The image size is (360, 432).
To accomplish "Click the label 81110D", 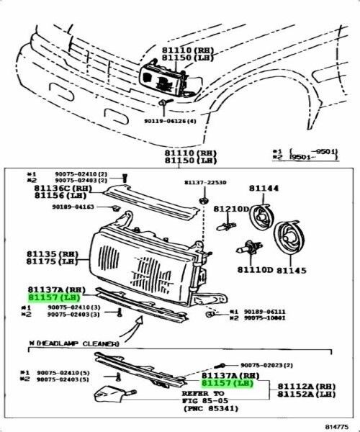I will pos(255,271).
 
